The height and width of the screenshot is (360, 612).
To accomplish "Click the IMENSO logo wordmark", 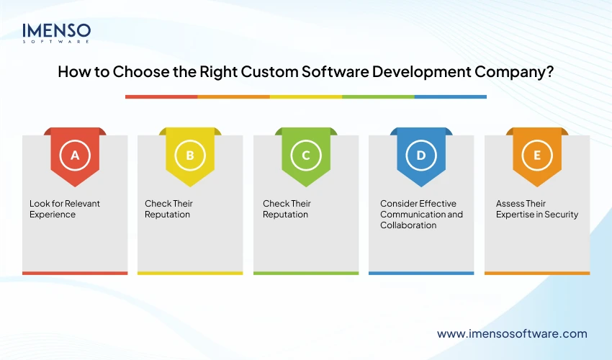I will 57,31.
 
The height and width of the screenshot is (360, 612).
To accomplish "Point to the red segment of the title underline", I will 161,96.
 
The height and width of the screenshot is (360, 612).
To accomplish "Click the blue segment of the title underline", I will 450,96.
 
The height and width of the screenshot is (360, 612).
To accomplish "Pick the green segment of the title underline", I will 378,96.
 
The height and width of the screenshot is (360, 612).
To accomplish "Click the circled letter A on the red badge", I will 75,155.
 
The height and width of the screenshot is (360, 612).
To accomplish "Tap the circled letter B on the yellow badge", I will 190,155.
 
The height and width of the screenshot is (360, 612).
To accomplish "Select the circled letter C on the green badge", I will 306,155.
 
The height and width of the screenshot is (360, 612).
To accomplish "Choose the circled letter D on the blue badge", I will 421,155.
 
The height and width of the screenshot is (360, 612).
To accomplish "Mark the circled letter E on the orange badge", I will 536,155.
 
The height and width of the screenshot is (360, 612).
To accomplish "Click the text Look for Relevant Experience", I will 64,209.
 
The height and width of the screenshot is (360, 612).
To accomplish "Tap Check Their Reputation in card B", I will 168,209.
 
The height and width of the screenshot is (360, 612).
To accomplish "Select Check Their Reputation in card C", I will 287,209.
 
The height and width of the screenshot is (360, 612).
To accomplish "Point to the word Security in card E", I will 561,215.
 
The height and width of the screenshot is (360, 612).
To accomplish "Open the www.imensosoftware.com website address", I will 512,333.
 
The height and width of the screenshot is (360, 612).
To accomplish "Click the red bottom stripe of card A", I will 75,273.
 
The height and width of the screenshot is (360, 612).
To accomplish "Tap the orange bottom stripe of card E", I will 536,273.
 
